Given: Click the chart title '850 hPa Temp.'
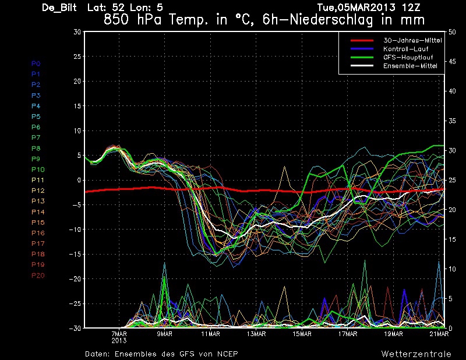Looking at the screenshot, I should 169,19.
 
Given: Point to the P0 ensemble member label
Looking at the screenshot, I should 36,63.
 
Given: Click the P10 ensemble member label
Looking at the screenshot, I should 37,170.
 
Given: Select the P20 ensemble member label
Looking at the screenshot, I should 37,276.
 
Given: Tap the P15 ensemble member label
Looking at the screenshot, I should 37,223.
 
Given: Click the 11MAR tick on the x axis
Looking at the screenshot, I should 210,334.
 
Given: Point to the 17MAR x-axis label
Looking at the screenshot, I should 347,334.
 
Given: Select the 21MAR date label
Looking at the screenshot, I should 439,334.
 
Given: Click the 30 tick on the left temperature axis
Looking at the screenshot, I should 76,32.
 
